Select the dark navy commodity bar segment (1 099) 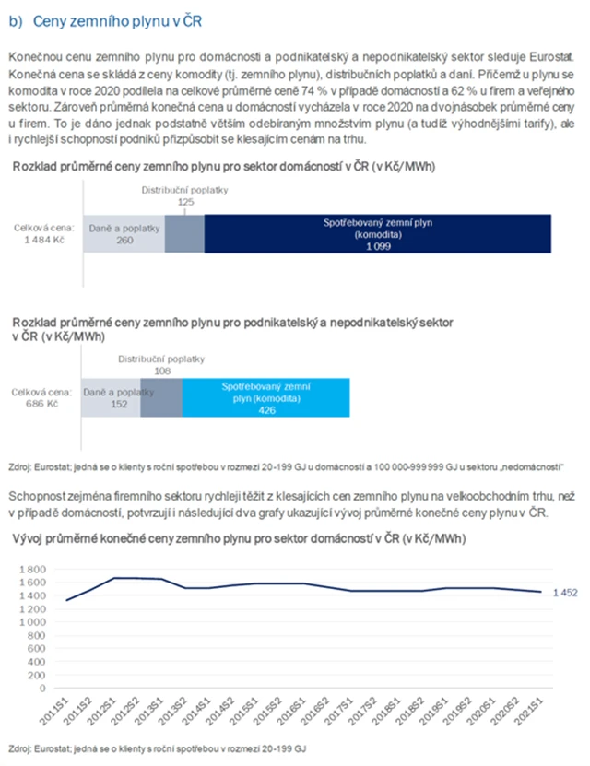[x=378, y=234]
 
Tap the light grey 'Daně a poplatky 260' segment [x=124, y=234]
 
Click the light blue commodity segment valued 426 [x=266, y=397]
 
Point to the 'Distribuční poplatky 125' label [x=184, y=195]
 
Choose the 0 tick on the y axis [x=42, y=688]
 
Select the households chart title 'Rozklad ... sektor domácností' [x=224, y=167]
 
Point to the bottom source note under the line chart [x=156, y=748]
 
